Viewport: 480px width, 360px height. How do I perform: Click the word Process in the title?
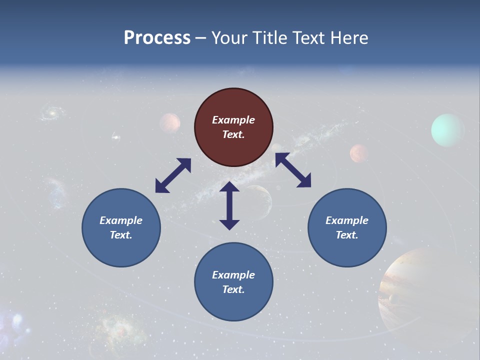[157, 38]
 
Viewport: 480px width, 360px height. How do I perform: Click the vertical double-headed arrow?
[229, 205]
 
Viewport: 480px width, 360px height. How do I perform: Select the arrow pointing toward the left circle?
[173, 175]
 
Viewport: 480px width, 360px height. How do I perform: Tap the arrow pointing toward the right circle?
[293, 170]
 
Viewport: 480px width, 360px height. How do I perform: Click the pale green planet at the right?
[447, 130]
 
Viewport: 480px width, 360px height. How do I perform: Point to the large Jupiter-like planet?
[420, 290]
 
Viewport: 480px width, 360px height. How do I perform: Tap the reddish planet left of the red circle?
[170, 122]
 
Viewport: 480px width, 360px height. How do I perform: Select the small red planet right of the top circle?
[359, 153]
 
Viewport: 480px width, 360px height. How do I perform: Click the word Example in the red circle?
[233, 120]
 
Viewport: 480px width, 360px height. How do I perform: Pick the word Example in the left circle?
[121, 220]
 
